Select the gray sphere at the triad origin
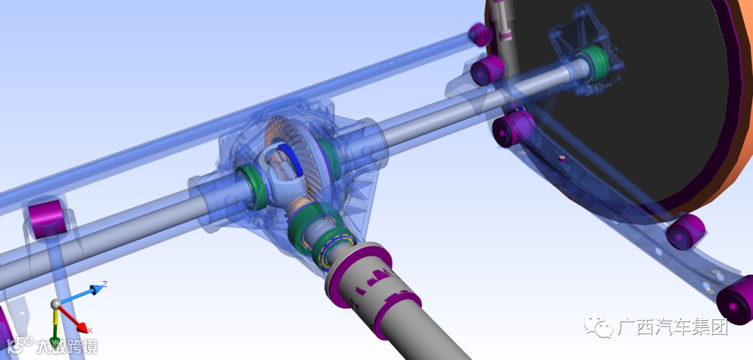click(56, 303)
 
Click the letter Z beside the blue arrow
click(104, 284)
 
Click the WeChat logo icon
click(598, 326)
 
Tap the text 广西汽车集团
click(673, 327)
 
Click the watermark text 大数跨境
click(66, 346)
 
